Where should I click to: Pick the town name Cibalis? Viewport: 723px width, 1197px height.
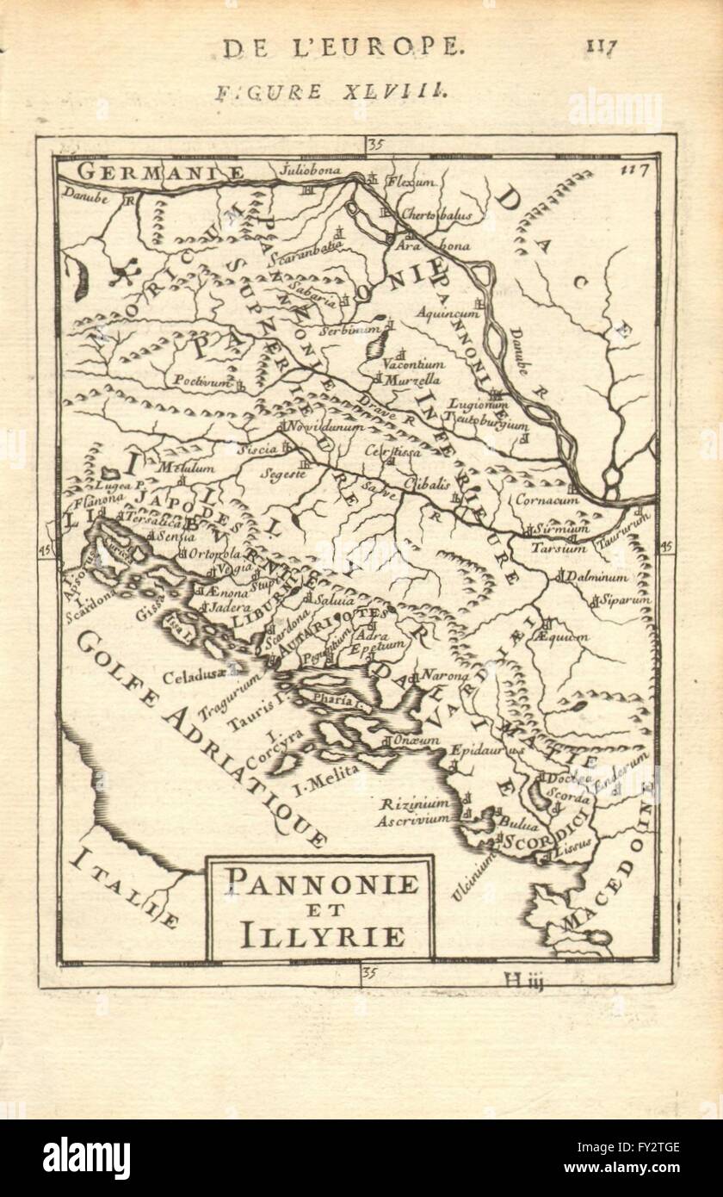[x=427, y=484]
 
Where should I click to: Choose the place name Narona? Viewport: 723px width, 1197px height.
[x=442, y=675]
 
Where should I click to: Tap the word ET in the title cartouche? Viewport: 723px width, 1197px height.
[x=320, y=909]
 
